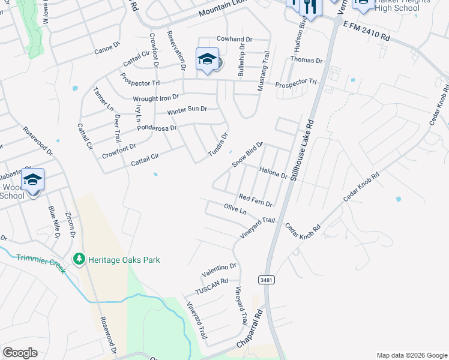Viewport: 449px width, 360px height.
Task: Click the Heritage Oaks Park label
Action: (124, 260)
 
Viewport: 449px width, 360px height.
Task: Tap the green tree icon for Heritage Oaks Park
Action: (79, 259)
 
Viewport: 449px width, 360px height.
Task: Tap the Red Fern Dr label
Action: (256, 199)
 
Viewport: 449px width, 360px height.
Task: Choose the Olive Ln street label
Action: (235, 211)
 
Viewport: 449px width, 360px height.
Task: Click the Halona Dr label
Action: (274, 173)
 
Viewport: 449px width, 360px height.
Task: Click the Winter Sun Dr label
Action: (187, 110)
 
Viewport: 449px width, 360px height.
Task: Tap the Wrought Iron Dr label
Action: (156, 97)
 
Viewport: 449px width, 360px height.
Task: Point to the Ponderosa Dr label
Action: (157, 127)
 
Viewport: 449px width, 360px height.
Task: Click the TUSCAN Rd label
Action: (212, 286)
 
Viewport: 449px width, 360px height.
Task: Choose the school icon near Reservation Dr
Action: (207, 59)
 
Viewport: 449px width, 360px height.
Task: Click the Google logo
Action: (20, 353)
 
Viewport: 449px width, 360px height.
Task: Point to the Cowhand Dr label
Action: (234, 39)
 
